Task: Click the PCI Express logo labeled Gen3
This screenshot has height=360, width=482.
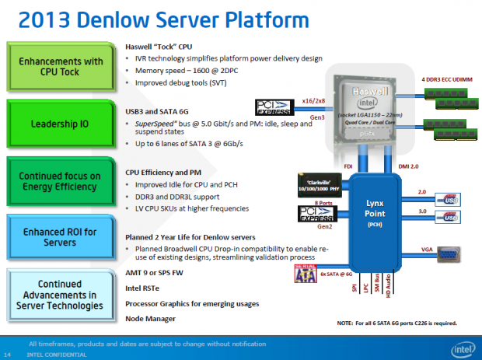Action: click(277, 107)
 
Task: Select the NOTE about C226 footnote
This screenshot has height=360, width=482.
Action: click(396, 323)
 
